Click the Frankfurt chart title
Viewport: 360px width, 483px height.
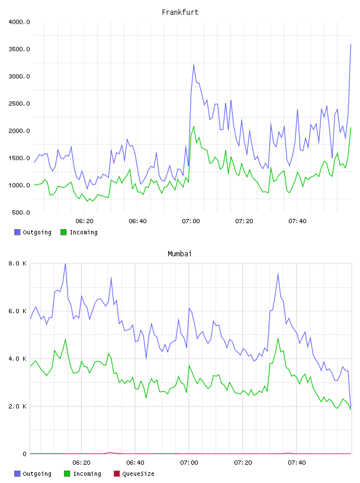pos(180,12)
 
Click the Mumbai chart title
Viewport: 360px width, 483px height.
pos(179,253)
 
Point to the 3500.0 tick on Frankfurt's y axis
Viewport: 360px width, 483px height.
pos(19,49)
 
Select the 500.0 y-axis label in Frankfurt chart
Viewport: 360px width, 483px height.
pos(21,212)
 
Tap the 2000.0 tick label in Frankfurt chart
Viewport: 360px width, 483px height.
pos(19,131)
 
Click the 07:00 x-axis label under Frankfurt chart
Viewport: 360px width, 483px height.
pos(191,221)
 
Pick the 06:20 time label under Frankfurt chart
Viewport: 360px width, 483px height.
pos(85,221)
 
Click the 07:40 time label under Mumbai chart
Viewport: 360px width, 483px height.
pos(297,462)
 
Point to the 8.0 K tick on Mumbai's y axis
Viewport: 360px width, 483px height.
pos(18,263)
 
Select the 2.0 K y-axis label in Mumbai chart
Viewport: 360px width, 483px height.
pos(18,406)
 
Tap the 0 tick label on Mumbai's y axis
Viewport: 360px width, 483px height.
pos(25,454)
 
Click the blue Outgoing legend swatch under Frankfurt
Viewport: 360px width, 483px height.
pos(17,232)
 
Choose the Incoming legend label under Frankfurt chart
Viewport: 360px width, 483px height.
pos(83,232)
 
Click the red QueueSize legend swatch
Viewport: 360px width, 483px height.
pos(117,474)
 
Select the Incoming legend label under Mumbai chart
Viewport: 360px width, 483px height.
pos(87,474)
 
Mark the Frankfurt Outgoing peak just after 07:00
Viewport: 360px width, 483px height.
pos(194,65)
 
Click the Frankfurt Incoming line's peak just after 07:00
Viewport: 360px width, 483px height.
pos(194,127)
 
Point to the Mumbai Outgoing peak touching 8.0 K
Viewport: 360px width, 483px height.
pos(65,263)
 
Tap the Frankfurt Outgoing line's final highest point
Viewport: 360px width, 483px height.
pos(351,44)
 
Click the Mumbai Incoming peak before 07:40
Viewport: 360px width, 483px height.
pos(278,338)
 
